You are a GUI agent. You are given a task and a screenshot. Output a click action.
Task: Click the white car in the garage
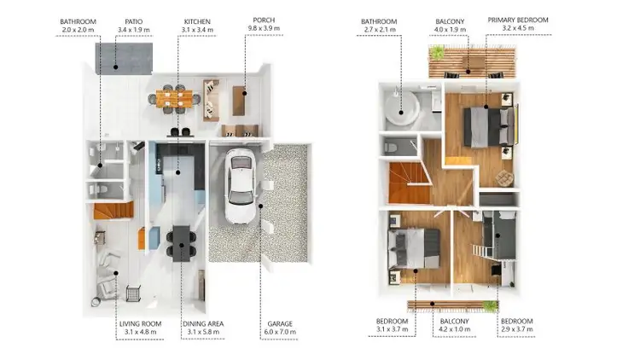tap(241, 186)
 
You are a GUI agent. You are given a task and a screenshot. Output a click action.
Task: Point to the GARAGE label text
tap(281, 324)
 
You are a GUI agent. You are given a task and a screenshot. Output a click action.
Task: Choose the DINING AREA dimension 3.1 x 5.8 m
tap(203, 334)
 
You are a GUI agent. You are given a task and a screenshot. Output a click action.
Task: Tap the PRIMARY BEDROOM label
tap(517, 20)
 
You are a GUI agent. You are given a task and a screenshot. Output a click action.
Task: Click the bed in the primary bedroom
tap(486, 128)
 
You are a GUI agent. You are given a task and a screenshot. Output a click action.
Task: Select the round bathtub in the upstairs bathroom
tap(400, 107)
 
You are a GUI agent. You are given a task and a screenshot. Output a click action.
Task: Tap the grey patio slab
tap(122, 55)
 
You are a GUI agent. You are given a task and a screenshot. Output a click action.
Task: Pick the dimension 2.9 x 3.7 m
tap(517, 334)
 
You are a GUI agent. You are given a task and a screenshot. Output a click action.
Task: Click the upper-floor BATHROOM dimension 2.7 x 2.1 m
tap(380, 30)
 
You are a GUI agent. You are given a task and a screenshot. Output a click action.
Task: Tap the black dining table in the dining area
tap(181, 242)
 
